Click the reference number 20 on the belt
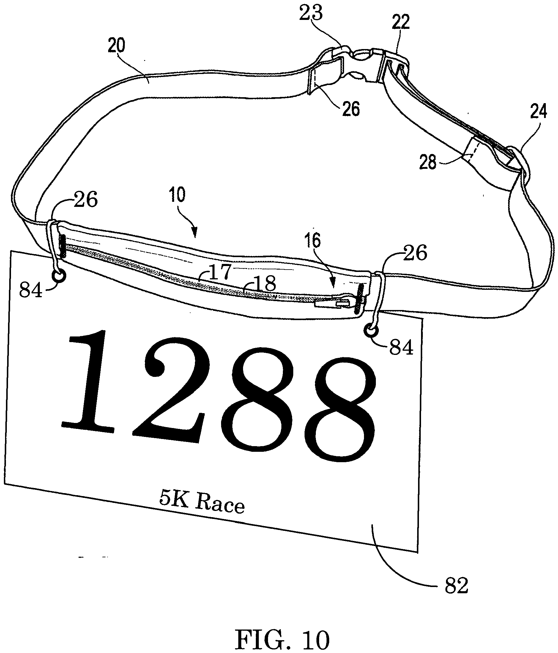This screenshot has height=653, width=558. click(116, 45)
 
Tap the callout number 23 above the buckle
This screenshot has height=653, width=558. click(311, 14)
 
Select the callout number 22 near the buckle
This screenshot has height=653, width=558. click(401, 22)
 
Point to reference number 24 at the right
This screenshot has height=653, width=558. click(538, 111)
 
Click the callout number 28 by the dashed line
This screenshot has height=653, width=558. click(428, 163)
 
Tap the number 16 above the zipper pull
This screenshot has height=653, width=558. click(312, 241)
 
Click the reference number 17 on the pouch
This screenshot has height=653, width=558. click(220, 272)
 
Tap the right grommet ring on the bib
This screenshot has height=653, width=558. click(371, 331)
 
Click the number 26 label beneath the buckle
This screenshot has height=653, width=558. click(351, 109)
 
